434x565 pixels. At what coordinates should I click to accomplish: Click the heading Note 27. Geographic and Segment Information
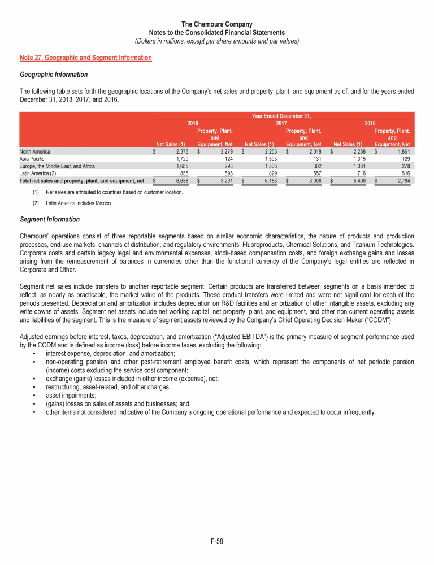[85, 58]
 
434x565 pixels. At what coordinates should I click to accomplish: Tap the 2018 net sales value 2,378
[179, 151]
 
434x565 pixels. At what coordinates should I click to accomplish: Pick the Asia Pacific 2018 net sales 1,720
[179, 159]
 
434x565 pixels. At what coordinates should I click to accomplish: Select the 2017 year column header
[281, 123]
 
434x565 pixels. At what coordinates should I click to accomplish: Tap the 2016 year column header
[370, 123]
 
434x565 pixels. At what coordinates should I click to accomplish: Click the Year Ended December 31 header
[281, 116]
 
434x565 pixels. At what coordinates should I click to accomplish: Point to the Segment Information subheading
[50, 219]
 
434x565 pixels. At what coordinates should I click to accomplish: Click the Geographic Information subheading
[54, 74]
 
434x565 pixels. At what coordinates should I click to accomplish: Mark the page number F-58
[217, 541]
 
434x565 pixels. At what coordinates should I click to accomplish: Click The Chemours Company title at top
[216, 24]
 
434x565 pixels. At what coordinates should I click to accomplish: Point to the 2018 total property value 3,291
[223, 181]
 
